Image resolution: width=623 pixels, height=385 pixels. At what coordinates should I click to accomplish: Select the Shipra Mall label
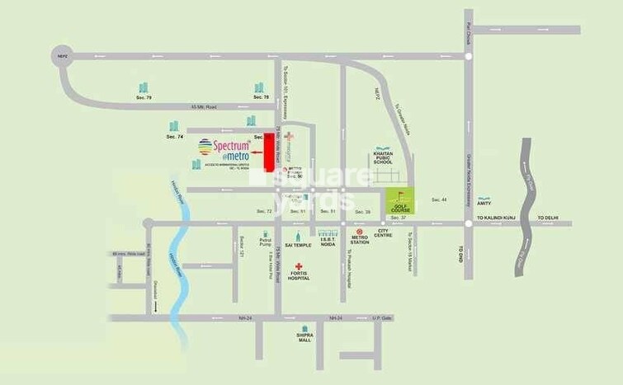coord(305,337)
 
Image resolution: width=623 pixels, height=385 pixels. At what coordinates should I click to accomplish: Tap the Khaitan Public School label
coord(382,158)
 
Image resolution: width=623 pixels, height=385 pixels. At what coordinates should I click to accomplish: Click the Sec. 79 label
coord(144,97)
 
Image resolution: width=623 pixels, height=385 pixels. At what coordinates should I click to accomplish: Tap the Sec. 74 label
coord(173,136)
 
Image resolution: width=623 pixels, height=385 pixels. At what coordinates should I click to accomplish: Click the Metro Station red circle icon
coord(360,232)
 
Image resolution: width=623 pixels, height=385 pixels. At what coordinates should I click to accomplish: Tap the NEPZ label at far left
coord(60,57)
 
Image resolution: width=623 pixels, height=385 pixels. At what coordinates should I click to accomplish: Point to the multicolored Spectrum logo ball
coord(204,147)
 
